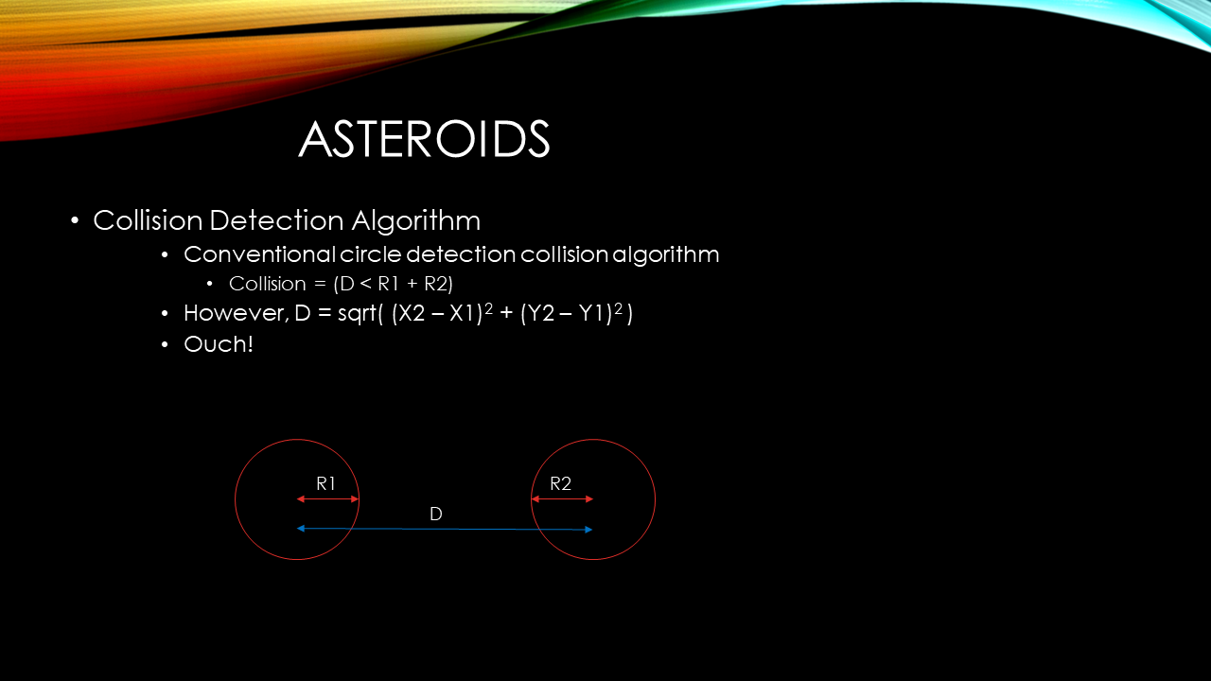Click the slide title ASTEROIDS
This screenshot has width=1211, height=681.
[x=424, y=140]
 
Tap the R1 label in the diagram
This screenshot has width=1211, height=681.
[x=326, y=484]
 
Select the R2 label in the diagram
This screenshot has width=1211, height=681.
[x=561, y=484]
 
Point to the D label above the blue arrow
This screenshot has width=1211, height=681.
[x=436, y=515]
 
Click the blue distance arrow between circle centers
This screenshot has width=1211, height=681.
[x=445, y=529]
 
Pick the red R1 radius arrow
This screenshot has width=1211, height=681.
[x=328, y=498]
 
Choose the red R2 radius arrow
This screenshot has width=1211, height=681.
[x=562, y=498]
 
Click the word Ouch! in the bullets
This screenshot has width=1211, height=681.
[x=219, y=344]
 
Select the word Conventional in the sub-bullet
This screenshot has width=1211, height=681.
[x=259, y=255]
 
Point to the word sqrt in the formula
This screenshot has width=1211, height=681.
[x=357, y=314]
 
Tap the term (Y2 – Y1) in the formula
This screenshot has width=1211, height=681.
[x=567, y=314]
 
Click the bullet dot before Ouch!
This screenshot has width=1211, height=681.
[x=166, y=344]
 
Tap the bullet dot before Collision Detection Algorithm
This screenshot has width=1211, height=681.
[x=75, y=221]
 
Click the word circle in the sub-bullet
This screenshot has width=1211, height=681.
[x=370, y=255]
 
